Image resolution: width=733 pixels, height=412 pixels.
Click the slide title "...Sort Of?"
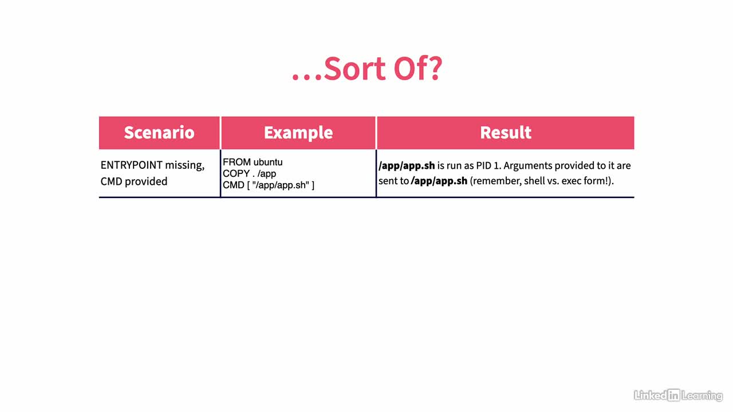(367, 69)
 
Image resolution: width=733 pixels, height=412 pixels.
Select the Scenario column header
(159, 132)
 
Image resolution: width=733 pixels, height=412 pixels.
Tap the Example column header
(298, 132)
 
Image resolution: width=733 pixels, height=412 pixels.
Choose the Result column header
(506, 132)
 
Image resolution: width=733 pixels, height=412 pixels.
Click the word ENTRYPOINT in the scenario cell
(132, 165)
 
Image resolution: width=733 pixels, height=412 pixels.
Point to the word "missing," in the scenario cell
(185, 166)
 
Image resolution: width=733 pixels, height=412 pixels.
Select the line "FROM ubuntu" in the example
(253, 162)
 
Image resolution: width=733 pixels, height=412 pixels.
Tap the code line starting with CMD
(269, 185)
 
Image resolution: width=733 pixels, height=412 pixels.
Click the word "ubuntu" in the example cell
(268, 162)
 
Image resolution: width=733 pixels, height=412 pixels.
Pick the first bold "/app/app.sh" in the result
(407, 166)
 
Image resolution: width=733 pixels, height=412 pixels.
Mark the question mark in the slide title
(436, 69)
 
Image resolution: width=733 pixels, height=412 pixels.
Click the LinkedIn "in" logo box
(674, 395)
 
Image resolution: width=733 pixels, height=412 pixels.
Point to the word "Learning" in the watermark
(702, 396)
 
